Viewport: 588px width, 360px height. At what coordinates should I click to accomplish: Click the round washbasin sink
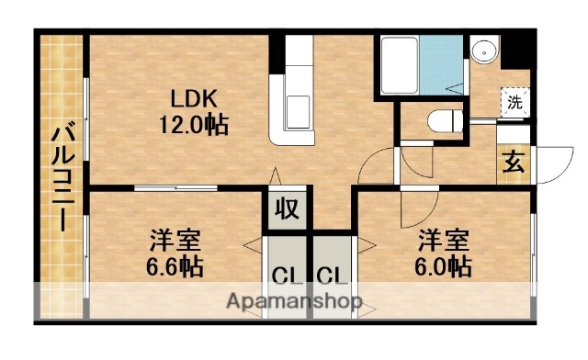482,51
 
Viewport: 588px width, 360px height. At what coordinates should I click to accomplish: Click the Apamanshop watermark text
294,301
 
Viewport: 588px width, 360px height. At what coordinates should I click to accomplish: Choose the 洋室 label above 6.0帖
446,242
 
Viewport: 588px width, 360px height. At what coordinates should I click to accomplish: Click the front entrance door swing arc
549,163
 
